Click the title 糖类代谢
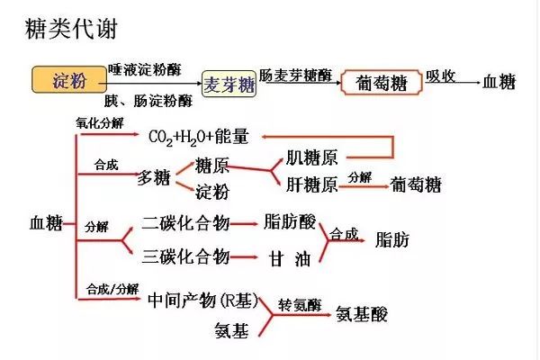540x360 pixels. tap(72, 28)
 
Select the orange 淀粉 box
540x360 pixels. tap(69, 80)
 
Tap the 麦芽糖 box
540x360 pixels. tap(229, 84)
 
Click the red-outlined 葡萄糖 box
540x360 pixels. tap(382, 82)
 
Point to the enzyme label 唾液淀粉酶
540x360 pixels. tap(145, 69)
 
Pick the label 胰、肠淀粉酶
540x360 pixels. tap(148, 101)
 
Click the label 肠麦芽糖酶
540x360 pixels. tap(295, 76)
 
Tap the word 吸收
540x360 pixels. tap(440, 76)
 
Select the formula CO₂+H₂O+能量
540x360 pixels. tap(198, 137)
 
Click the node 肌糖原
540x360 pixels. tap(311, 157)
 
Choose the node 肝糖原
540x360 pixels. tap(311, 184)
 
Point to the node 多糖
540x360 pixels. tap(154, 178)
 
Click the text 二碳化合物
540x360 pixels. tap(185, 223)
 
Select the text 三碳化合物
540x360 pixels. tap(185, 256)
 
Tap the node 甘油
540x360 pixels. tap(290, 258)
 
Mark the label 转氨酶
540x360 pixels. tap(300, 305)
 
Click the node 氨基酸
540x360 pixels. tap(362, 314)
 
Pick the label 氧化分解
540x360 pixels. tap(100, 123)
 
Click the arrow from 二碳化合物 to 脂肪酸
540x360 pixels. tap(244, 224)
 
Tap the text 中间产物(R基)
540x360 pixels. tap(203, 301)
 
